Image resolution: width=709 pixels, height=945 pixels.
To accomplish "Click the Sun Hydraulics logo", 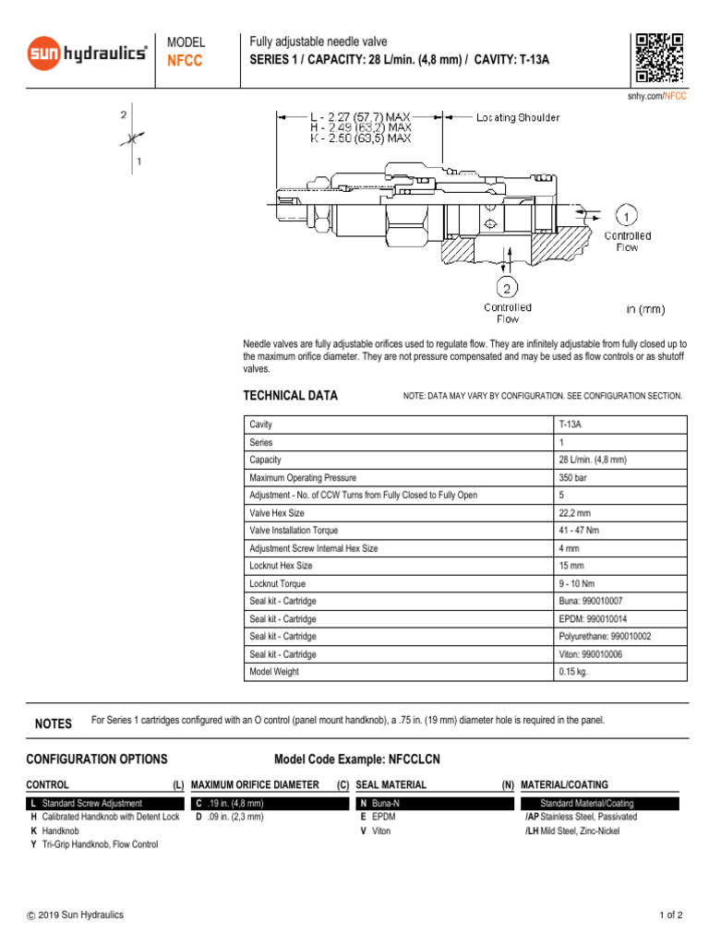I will pyautogui.click(x=87, y=54).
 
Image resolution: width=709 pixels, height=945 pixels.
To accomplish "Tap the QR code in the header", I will pyautogui.click(x=659, y=57).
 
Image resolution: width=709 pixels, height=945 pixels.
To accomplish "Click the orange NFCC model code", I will pyautogui.click(x=184, y=61).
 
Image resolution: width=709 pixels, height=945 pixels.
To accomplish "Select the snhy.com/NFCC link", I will pyautogui.click(x=656, y=96).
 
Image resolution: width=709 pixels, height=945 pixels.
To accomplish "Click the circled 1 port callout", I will pyautogui.click(x=626, y=217).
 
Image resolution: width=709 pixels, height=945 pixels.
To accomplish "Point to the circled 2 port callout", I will pyautogui.click(x=507, y=284).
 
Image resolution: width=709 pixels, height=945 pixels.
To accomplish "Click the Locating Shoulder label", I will pyautogui.click(x=517, y=118).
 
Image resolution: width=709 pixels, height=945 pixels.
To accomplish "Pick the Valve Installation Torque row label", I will pyautogui.click(x=294, y=531).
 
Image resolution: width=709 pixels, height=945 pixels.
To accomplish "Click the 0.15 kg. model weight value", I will pyautogui.click(x=572, y=672).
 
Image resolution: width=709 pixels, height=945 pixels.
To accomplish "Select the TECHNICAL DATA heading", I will pyautogui.click(x=290, y=396).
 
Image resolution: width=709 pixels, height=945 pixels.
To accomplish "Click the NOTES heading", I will pyautogui.click(x=53, y=724).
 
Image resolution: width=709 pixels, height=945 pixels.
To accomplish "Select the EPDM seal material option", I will pyautogui.click(x=378, y=817).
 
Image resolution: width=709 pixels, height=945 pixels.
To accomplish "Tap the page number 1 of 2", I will pyautogui.click(x=670, y=915).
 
